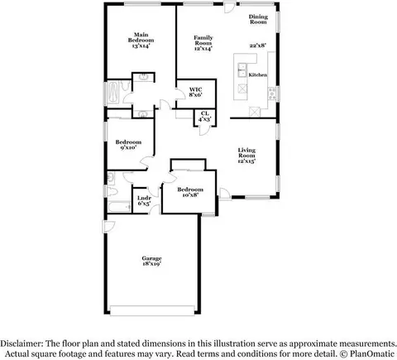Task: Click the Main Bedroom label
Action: [141, 41]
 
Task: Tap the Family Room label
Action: [203, 43]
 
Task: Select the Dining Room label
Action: [258, 19]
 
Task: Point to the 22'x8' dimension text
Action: [258, 46]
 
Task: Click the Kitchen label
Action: [258, 74]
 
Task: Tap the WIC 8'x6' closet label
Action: [196, 92]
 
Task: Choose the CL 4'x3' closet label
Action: [205, 117]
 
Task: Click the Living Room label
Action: [246, 156]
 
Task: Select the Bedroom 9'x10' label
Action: [128, 145]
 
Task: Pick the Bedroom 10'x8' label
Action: [190, 192]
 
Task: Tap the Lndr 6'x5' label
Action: [144, 201]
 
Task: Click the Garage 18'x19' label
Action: [151, 261]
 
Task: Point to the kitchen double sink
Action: [242, 70]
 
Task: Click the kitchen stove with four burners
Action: [272, 94]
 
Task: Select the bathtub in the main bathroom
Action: [112, 92]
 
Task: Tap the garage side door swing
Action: [109, 226]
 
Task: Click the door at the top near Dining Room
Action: [230, 7]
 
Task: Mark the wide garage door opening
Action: [152, 310]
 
